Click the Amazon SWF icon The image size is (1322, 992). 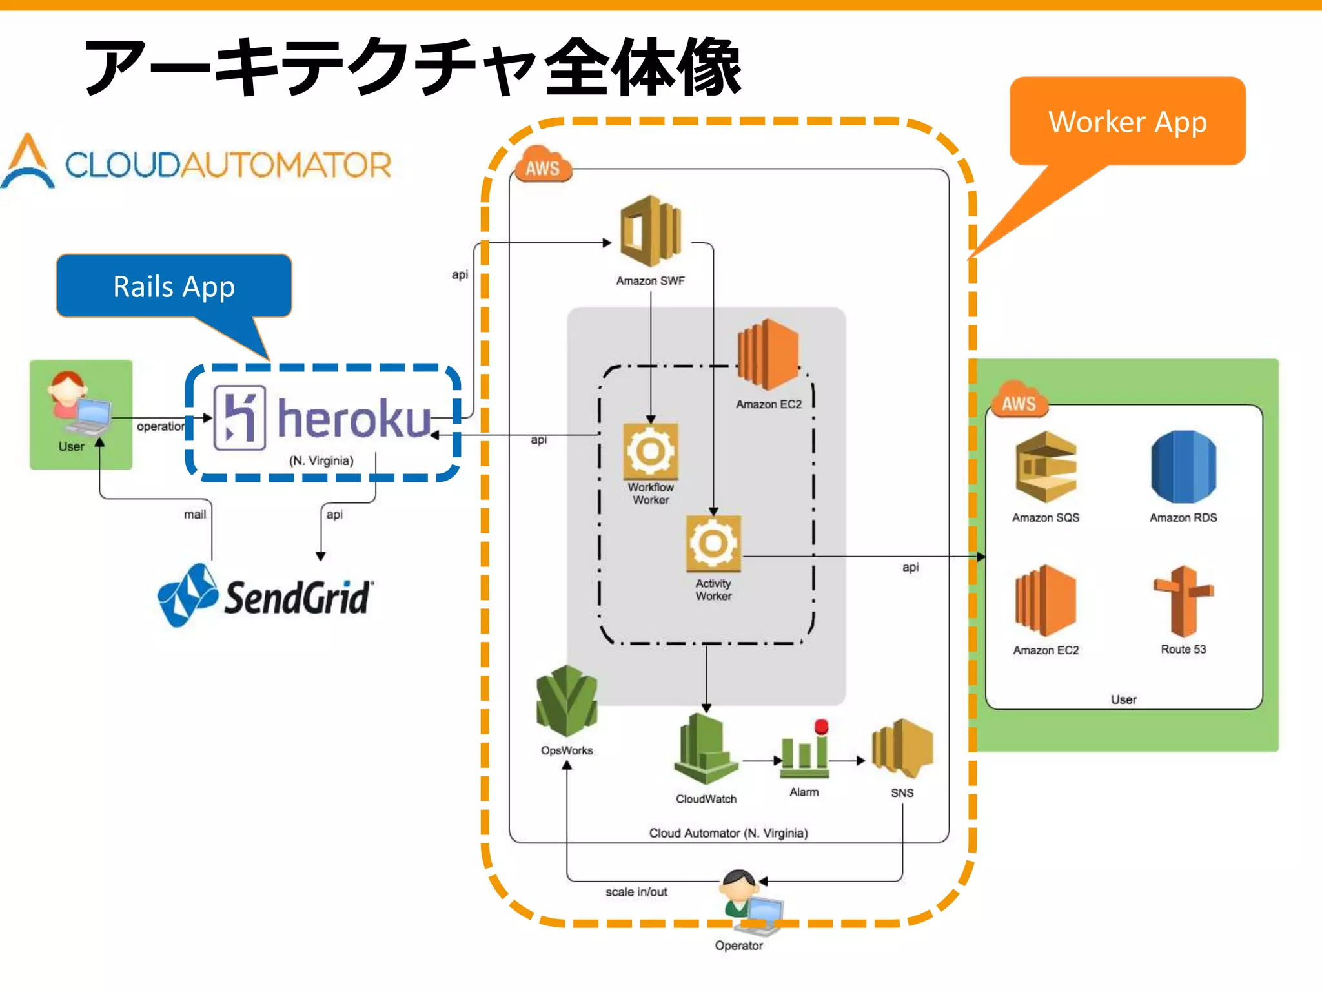(x=650, y=231)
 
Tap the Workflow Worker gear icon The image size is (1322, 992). (x=650, y=451)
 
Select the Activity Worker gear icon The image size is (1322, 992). (x=713, y=543)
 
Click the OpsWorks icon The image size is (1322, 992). (x=567, y=702)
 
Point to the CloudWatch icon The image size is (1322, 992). (x=705, y=749)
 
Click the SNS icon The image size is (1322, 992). (x=902, y=748)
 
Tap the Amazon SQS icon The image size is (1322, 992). (x=1045, y=467)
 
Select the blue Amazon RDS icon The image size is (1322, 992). (x=1183, y=467)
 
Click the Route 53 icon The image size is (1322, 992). (x=1183, y=601)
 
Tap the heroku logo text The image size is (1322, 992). (x=354, y=418)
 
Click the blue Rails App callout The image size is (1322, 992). (x=174, y=286)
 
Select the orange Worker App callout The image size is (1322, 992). (x=1127, y=122)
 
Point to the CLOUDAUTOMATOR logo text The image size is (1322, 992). (x=228, y=165)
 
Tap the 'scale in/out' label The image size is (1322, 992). (x=636, y=892)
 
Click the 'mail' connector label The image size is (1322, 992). (x=195, y=515)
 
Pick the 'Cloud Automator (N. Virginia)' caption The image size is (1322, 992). (x=728, y=833)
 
